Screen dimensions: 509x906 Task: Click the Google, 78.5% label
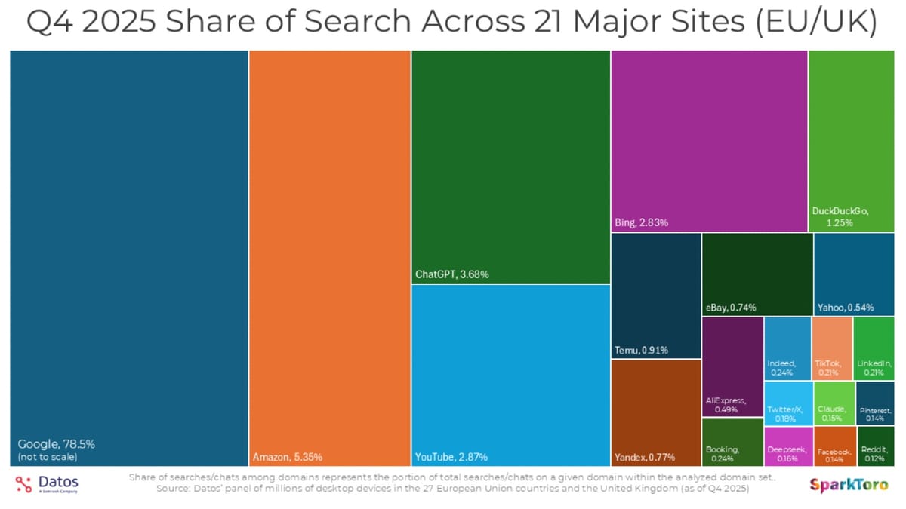click(57, 444)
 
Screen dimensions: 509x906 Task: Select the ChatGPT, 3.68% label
click(452, 274)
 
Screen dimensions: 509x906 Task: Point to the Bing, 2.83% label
click(642, 222)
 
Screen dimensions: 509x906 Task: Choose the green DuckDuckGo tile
click(851, 136)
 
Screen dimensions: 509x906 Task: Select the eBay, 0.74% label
click(731, 308)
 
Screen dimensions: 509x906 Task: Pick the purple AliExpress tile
click(732, 366)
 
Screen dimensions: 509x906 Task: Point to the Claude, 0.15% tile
click(834, 403)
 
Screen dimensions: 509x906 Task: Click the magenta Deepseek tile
click(787, 446)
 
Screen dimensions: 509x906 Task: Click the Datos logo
click(47, 484)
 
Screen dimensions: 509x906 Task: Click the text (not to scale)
click(47, 457)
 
